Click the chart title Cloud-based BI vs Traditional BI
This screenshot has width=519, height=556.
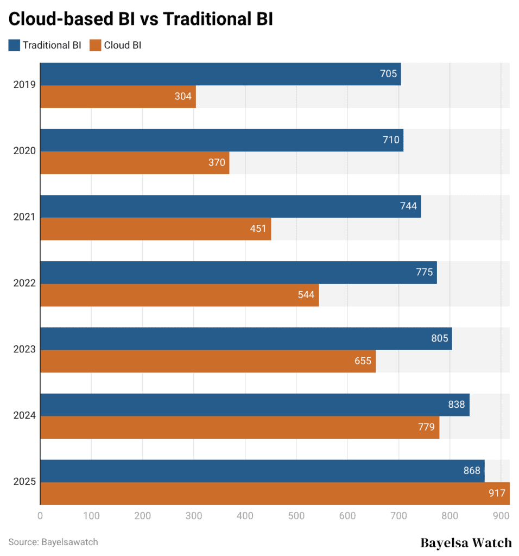(140, 20)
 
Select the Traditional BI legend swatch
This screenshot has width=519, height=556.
(14, 45)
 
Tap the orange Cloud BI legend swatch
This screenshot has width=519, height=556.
(96, 45)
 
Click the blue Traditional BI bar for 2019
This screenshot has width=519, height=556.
(220, 74)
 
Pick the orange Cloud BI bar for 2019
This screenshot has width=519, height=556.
(118, 97)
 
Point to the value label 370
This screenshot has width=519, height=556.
(217, 163)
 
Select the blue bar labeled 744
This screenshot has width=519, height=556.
(230, 206)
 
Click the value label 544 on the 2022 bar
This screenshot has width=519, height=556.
(306, 295)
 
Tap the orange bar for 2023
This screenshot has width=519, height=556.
(208, 362)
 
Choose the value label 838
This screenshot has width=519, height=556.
(456, 405)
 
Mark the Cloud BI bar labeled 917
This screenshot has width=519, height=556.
(275, 494)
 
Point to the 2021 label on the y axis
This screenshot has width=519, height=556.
(24, 217)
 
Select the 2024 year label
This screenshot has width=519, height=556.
(24, 416)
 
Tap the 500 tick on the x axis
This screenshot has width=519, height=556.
(296, 515)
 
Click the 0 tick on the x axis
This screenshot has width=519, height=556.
(40, 515)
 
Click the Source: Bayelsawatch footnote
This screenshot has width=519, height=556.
(53, 542)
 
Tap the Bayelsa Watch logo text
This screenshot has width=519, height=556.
(466, 542)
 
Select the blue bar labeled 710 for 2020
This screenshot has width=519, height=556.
(221, 140)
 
